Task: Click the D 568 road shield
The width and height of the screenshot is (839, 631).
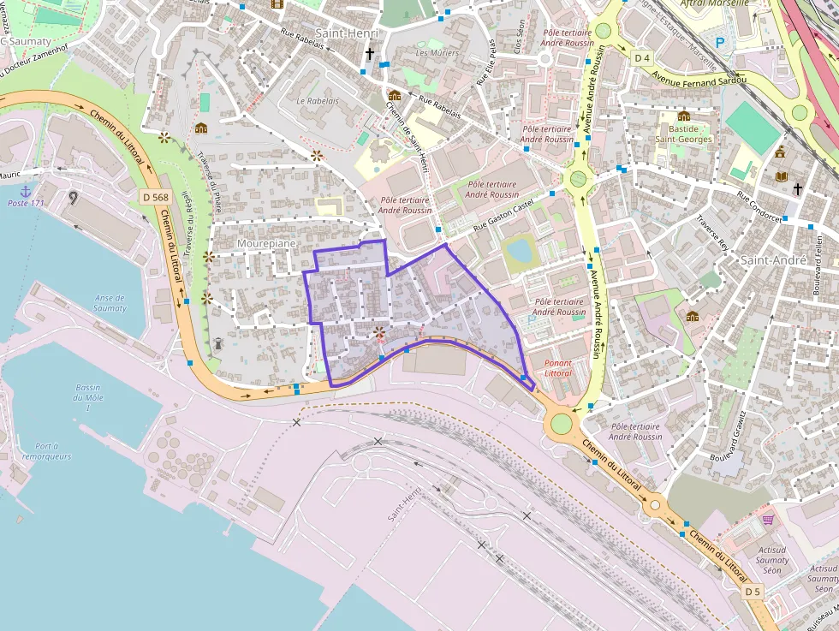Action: click(x=151, y=198)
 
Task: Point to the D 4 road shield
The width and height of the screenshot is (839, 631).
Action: click(x=642, y=58)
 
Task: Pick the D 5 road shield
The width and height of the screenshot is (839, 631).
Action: click(x=752, y=592)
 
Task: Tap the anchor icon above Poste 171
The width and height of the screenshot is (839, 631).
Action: click(x=26, y=191)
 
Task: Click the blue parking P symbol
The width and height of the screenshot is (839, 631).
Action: click(x=719, y=41)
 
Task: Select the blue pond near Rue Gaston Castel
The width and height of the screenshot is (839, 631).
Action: click(x=518, y=251)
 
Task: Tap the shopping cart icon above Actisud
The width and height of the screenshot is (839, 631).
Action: click(x=768, y=520)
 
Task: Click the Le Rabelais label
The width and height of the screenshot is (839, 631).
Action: click(x=318, y=100)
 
